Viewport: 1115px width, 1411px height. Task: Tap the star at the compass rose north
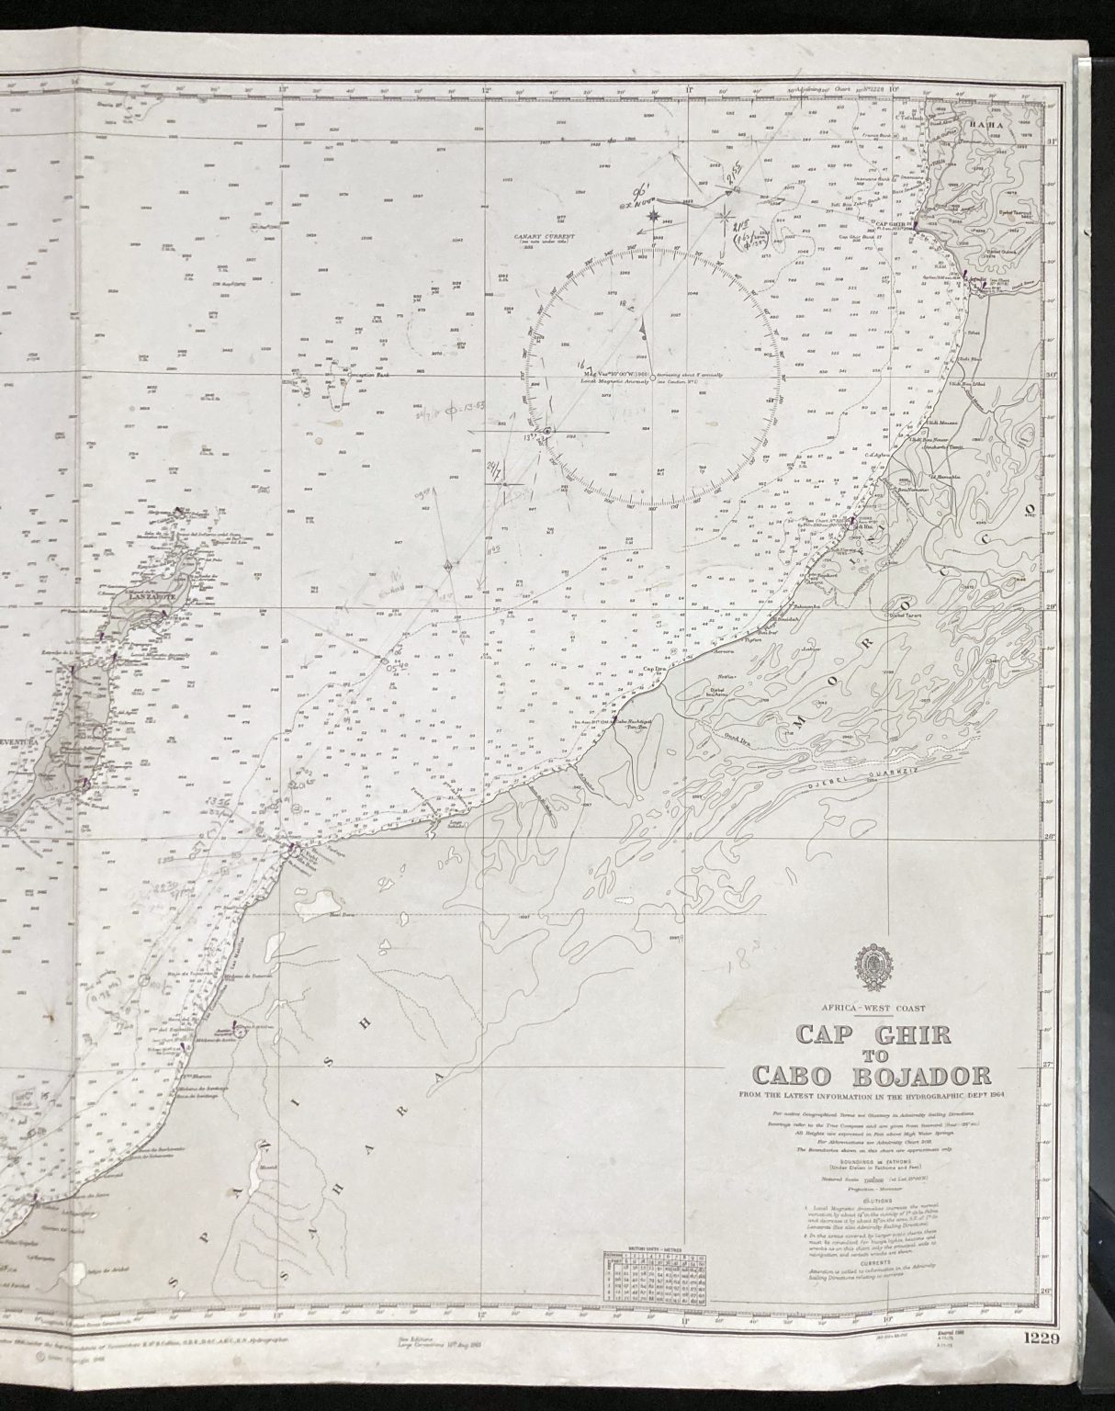coord(655,217)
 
